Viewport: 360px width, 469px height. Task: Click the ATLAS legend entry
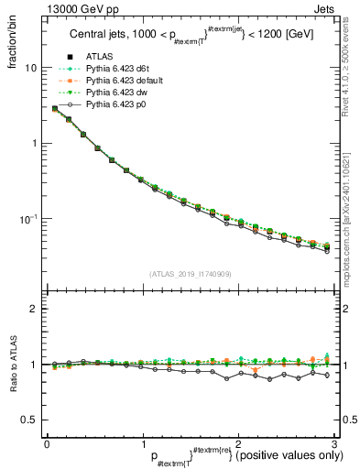pos(96,58)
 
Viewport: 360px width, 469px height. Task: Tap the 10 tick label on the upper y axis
pos(31,68)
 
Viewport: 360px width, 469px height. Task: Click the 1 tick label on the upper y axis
pos(34,143)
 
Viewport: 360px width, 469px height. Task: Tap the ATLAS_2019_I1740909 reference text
pos(190,274)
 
